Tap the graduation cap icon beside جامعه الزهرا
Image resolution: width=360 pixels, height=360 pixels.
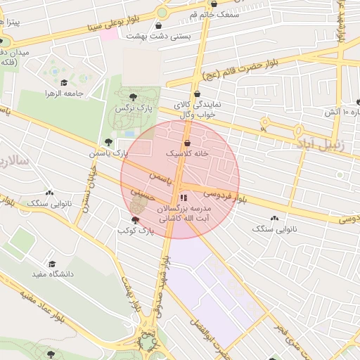[64, 83]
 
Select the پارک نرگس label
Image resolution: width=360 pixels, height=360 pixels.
[134, 108]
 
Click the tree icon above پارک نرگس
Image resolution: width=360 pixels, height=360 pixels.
[134, 97]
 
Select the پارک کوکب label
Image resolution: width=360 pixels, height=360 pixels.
[136, 230]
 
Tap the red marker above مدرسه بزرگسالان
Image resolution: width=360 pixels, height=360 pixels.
[184, 198]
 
